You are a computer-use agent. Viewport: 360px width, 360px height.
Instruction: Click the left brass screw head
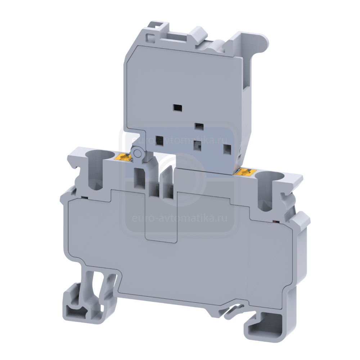click(x=123, y=157)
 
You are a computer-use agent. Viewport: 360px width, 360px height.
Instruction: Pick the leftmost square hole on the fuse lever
click(x=159, y=140)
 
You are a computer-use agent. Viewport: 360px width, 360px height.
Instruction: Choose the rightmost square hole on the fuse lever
click(x=227, y=149)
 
